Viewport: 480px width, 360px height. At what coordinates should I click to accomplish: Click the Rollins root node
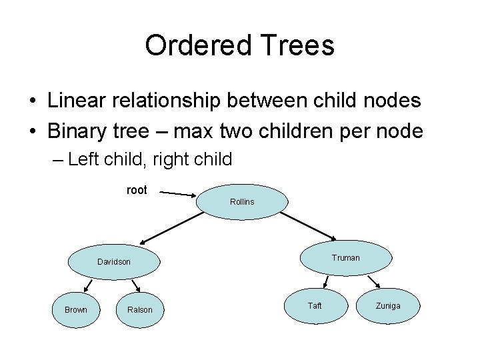point(242,201)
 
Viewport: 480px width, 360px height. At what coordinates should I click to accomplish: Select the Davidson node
point(114,262)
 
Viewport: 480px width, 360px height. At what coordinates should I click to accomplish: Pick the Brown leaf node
point(76,309)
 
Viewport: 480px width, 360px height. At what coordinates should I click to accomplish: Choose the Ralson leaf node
point(140,309)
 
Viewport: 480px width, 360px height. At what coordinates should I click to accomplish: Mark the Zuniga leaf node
point(388,306)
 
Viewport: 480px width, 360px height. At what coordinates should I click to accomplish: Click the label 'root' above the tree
point(137,191)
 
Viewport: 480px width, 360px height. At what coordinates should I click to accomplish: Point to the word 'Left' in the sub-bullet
point(83,160)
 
